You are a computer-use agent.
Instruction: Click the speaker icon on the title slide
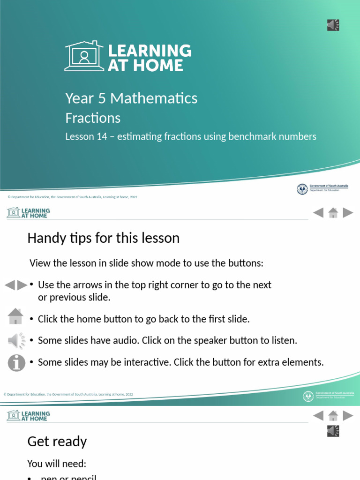click(x=333, y=25)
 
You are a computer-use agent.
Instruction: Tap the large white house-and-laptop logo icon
click(x=84, y=56)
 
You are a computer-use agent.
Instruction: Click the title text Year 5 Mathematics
click(x=131, y=98)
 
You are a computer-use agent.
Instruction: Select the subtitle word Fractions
click(x=93, y=118)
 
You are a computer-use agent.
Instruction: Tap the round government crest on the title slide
click(x=302, y=189)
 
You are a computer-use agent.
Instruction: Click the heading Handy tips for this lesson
click(x=103, y=238)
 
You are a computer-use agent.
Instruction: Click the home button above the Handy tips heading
click(x=333, y=213)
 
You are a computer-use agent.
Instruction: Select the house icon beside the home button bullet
click(x=16, y=316)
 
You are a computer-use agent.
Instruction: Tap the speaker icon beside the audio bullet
click(x=16, y=340)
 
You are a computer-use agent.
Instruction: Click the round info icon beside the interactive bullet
click(x=16, y=362)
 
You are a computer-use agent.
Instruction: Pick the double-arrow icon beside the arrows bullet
click(x=16, y=285)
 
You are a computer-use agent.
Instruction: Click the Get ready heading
click(x=57, y=442)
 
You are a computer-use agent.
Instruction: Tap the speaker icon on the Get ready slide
click(x=333, y=431)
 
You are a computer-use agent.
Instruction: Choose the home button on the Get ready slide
click(x=333, y=416)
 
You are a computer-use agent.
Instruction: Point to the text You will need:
click(x=57, y=464)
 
